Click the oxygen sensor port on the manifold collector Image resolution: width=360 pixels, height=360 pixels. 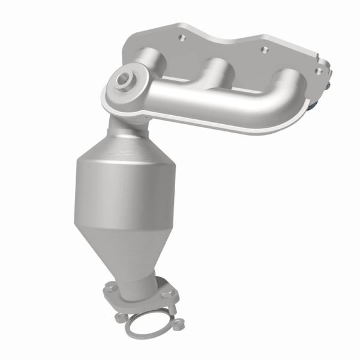[125, 80]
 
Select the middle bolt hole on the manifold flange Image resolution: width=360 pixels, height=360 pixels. [262, 49]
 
